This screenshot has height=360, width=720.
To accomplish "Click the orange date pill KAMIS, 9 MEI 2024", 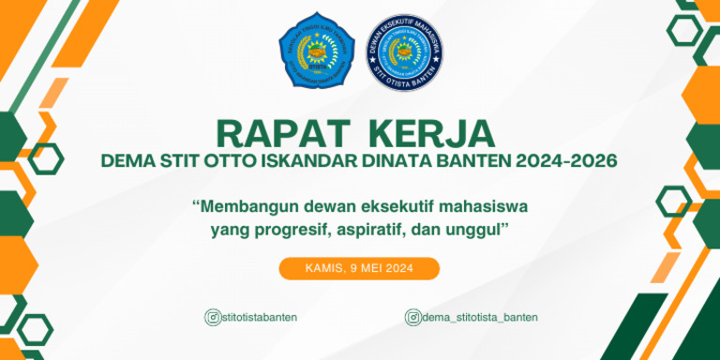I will [359, 268].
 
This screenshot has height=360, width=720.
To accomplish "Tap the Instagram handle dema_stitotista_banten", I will [480, 317].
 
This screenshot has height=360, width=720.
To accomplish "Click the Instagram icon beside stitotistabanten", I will [212, 317].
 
